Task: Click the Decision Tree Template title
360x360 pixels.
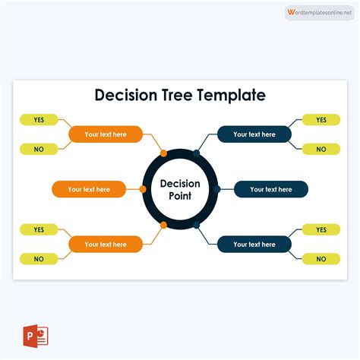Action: click(180, 95)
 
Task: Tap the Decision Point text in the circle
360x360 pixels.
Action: click(180, 190)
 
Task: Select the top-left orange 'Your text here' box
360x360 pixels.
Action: click(106, 134)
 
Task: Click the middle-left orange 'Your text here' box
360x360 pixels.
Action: click(89, 189)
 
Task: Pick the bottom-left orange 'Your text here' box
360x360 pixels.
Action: click(106, 245)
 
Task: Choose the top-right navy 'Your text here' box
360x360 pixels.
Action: click(254, 134)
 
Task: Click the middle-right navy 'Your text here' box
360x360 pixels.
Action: click(271, 189)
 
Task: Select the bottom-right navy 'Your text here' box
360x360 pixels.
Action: click(254, 245)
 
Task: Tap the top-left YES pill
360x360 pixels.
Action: click(39, 120)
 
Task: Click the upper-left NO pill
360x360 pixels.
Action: click(39, 150)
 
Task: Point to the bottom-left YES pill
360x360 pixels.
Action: click(39, 229)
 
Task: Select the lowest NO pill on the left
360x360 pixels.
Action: click(39, 259)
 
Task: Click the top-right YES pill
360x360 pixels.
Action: click(321, 120)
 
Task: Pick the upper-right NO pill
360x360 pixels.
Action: click(321, 150)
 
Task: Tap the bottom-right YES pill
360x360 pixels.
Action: click(321, 229)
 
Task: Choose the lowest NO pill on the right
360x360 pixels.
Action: click(321, 259)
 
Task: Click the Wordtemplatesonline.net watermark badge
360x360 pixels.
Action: click(320, 13)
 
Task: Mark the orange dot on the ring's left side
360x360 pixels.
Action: click(144, 189)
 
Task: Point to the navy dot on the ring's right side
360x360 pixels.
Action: click(217, 189)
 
